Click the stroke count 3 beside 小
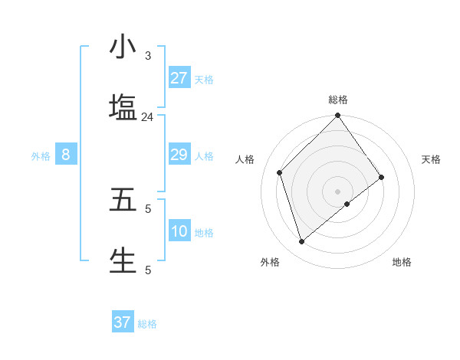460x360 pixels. coord(148,56)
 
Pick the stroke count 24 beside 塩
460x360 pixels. coord(147,116)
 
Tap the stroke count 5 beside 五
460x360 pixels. coord(148,208)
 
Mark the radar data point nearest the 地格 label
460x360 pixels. coord(347,204)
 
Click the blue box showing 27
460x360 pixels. coord(179,78)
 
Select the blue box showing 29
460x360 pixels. coord(179,155)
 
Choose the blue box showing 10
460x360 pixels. coord(179,231)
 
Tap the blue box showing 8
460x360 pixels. coord(66,155)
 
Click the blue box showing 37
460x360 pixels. coord(123,322)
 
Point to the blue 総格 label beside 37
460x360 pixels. coord(147,324)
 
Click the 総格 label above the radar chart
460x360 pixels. coord(338,100)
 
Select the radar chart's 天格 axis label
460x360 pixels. coord(431,159)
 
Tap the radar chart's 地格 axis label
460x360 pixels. coord(402,262)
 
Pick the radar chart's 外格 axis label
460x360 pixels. coord(270,262)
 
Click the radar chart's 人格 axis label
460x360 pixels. coord(245,159)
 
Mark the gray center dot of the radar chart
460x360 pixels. coord(337,191)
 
